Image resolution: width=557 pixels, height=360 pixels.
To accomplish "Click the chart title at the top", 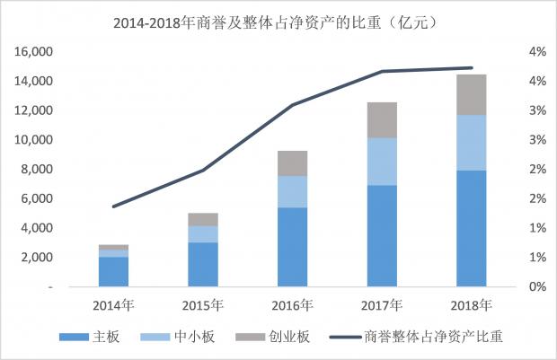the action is tap(276, 23).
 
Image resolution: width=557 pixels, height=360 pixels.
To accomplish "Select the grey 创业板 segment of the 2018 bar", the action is tap(471, 95).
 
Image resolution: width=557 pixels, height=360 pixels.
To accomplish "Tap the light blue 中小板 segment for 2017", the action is tap(382, 162).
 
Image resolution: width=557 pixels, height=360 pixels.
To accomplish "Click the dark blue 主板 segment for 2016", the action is tap(292, 247).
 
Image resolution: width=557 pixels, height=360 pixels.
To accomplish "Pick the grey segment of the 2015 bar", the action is tap(203, 219).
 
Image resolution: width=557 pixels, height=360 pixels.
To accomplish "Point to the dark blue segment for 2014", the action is tap(114, 272).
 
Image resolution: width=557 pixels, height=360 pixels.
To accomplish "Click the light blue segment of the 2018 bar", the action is tap(471, 143).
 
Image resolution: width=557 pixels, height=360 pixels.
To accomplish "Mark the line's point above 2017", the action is tap(382, 71).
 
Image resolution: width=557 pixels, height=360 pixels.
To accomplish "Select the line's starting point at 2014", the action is tap(114, 206).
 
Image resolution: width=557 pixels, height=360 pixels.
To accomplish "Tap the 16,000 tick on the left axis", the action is tap(33, 52).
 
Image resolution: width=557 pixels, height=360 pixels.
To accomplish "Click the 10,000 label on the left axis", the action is tap(33, 140).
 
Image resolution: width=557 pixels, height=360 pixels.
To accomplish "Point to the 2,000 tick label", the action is tap(37, 258).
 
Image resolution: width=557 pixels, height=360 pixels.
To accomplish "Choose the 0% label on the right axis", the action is tap(537, 286).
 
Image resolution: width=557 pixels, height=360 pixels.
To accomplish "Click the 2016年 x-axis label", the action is tap(292, 305).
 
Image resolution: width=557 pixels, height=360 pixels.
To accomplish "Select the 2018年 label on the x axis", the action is tap(471, 305).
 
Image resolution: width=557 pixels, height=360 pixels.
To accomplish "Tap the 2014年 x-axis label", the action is tap(114, 305).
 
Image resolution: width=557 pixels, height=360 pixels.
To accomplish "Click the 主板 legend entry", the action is tap(90, 337).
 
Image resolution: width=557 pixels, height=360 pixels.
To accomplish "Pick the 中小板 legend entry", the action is tap(178, 337).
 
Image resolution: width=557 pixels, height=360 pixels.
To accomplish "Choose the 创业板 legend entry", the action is tap(273, 337).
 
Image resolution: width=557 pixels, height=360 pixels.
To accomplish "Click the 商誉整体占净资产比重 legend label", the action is tap(433, 337).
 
